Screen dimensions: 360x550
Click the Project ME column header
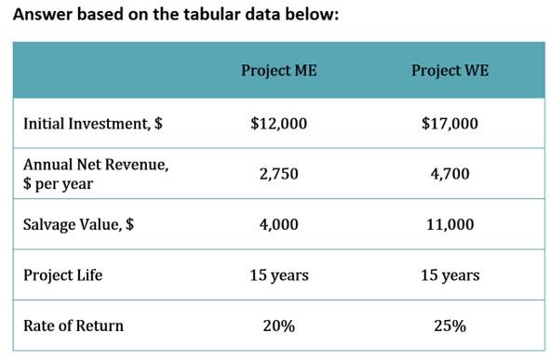tap(278, 71)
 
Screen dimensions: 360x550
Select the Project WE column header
tap(449, 71)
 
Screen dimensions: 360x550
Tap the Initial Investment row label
tap(88, 123)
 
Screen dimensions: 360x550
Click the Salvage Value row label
tap(78, 224)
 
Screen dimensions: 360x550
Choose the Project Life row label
tap(62, 275)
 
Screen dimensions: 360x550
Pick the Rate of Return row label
tap(73, 326)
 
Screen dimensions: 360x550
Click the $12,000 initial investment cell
tap(278, 123)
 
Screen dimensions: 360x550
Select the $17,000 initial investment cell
tap(449, 123)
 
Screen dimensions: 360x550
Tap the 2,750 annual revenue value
tap(278, 173)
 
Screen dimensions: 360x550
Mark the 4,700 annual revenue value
tap(449, 173)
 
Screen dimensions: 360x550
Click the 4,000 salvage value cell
tap(278, 224)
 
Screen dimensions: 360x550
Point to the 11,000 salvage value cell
tap(449, 224)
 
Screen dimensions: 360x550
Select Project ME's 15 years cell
tap(278, 275)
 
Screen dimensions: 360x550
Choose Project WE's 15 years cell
tap(449, 275)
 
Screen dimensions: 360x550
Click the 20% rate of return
tap(278, 326)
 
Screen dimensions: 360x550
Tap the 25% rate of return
tap(449, 326)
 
